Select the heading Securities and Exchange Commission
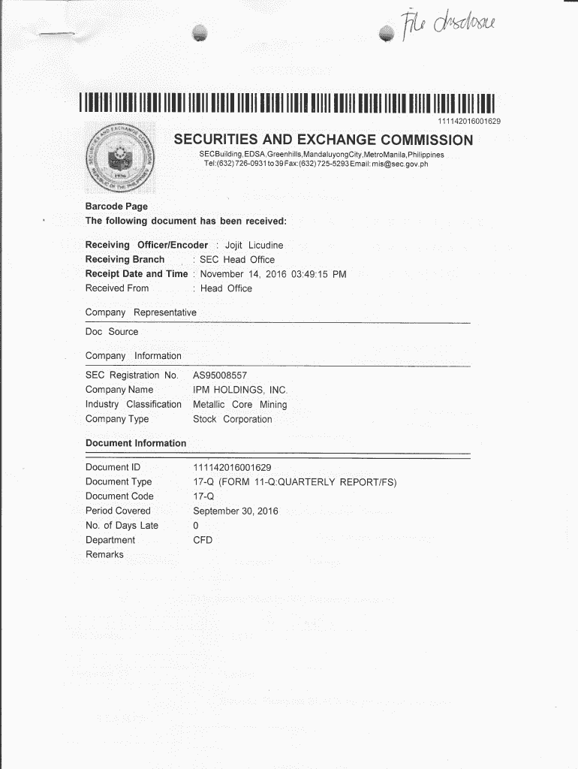tap(324, 140)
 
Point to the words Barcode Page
tap(116, 207)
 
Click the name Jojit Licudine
tap(254, 246)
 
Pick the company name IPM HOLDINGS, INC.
tap(240, 390)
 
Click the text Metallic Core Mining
tap(240, 405)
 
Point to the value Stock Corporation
tap(233, 419)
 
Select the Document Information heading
tap(136, 443)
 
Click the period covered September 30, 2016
tap(236, 511)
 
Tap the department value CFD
tap(203, 540)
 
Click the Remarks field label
tap(104, 555)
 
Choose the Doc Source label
tap(112, 332)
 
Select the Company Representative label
tap(141, 312)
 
